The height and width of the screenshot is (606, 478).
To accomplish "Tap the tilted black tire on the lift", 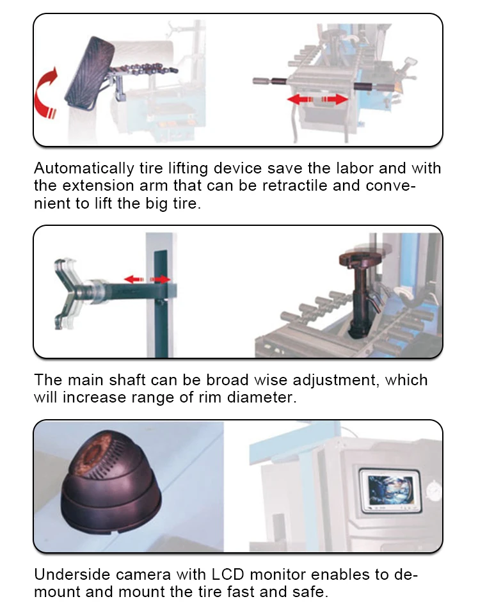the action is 90,74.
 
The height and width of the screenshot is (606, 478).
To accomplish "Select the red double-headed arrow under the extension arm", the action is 317,99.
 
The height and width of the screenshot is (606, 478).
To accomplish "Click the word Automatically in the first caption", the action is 84,168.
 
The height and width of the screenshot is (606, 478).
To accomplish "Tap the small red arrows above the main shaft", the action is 147,279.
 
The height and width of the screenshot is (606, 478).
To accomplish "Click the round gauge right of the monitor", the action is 434,490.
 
